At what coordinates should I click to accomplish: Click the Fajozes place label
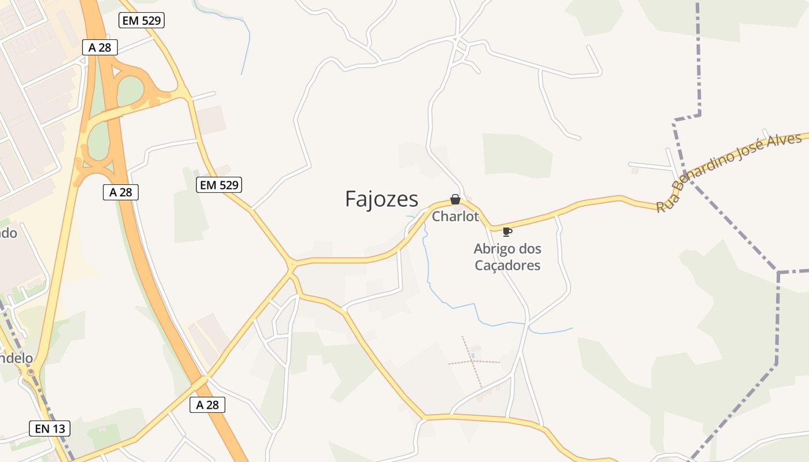(x=381, y=199)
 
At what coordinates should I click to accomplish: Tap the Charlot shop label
(x=456, y=217)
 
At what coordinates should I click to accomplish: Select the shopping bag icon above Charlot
(x=455, y=199)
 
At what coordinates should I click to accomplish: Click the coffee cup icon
(x=507, y=232)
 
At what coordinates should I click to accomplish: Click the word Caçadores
(x=507, y=266)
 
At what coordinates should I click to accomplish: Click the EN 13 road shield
(x=50, y=429)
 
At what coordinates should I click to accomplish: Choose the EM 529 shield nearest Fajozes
(x=219, y=185)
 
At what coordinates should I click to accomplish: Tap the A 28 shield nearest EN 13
(x=207, y=405)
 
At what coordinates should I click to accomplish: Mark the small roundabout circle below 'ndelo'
(x=30, y=372)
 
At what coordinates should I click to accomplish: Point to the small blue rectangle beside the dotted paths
(x=474, y=355)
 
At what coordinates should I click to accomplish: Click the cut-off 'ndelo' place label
(x=16, y=358)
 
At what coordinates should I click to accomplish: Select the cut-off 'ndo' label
(x=9, y=233)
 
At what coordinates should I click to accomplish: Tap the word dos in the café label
(x=530, y=249)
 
